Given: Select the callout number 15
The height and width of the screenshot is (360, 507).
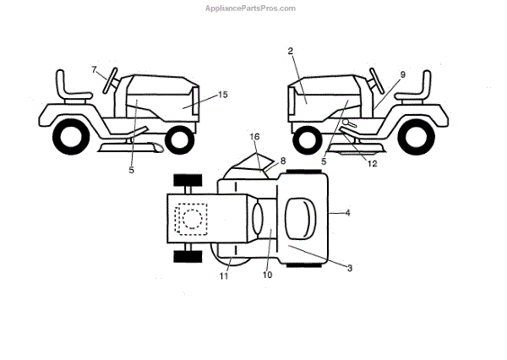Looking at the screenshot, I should pos(223,95).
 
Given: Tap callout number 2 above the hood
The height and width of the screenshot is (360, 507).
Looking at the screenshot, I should pos(290,52).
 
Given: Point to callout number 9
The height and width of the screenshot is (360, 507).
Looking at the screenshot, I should pos(402,75).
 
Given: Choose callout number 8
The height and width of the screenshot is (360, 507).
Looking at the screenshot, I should pos(283,160).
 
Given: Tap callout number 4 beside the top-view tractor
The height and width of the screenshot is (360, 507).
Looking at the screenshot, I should pos(347,214).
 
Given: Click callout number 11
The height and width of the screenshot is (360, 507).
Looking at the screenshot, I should pos(225,275).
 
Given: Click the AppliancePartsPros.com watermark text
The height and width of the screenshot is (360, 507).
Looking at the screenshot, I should pos(251,8).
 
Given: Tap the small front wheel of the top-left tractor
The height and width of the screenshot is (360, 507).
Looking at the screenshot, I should pos(178,139).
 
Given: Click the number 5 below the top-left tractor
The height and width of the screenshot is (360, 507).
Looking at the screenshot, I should pos(132,169).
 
